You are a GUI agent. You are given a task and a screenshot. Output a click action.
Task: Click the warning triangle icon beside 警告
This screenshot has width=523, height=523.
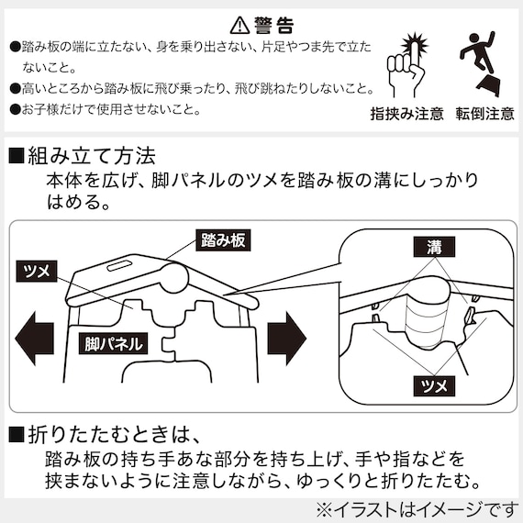click(239, 24)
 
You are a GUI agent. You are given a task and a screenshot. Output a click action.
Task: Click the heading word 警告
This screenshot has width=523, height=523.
click(273, 24)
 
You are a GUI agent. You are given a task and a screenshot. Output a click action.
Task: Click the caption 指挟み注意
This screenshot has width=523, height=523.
click(406, 114)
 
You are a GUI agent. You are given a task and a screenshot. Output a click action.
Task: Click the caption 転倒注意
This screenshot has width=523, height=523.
click(481, 114)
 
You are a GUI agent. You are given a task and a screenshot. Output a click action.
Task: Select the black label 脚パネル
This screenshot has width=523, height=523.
click(110, 344)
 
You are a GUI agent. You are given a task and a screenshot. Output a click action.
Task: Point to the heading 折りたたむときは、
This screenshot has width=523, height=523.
click(118, 432)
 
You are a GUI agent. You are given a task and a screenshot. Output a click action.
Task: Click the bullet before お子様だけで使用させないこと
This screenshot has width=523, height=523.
click(15, 109)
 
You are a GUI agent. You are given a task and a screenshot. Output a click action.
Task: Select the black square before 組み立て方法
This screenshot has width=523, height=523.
click(16, 156)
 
